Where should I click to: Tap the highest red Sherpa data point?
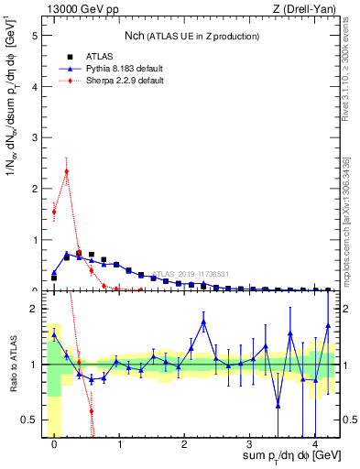(x=67, y=170)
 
